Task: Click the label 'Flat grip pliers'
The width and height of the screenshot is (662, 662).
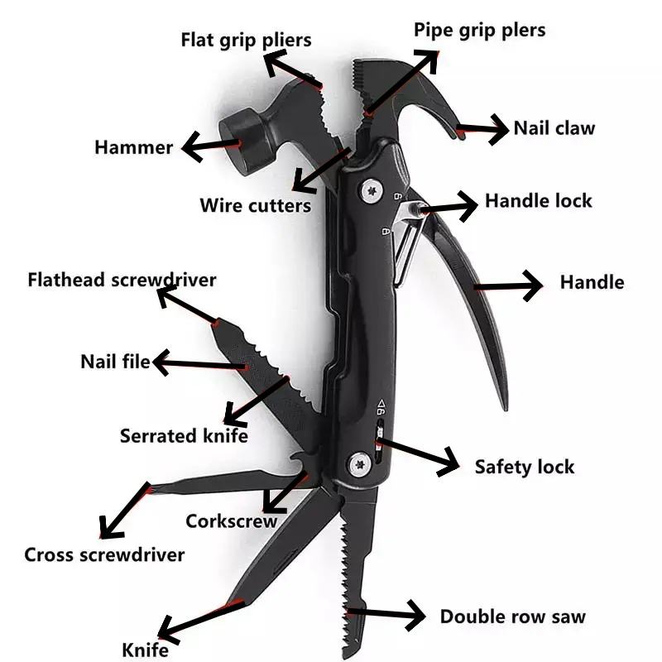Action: coord(246,40)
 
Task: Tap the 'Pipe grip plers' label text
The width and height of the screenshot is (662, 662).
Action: coord(479,31)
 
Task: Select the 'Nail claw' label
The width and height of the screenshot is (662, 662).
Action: coord(554,128)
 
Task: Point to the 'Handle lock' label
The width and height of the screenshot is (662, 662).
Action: coord(538,201)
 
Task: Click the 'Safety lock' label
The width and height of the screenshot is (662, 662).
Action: coord(524,467)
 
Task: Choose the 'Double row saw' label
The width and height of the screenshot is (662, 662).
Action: coord(512,616)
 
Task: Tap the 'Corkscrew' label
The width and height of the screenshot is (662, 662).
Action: coord(231,521)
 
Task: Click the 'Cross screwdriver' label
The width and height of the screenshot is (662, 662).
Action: coord(104,555)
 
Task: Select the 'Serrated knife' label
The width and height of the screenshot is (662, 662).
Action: coord(184,435)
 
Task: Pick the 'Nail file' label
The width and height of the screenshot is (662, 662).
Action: coord(115,362)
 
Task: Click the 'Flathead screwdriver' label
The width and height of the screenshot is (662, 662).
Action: coord(122,280)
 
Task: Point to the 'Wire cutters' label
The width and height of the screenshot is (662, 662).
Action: coord(255,205)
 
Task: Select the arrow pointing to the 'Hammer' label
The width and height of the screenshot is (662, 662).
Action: coord(211,146)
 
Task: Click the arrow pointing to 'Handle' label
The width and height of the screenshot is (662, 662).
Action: coord(508,286)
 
